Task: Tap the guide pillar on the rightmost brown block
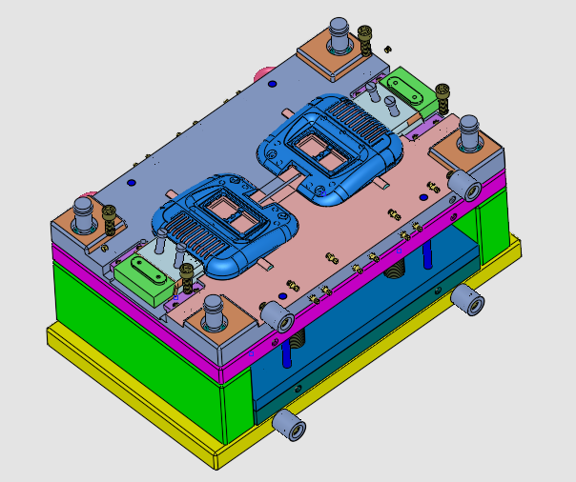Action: [469, 136]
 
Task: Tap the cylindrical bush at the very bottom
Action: [289, 425]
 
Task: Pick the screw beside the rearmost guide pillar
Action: [366, 42]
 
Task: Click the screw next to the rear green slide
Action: [442, 95]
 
